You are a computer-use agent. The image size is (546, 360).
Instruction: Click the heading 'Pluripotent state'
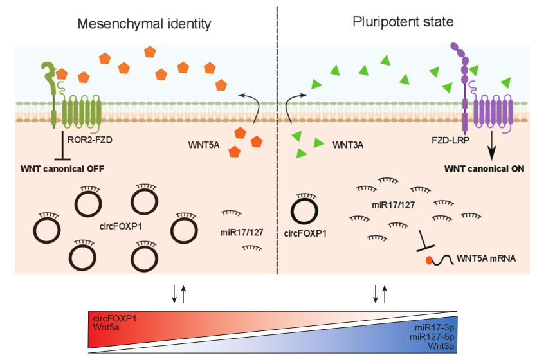[x=403, y=21]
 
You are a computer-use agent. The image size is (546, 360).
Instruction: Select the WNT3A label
[x=348, y=145]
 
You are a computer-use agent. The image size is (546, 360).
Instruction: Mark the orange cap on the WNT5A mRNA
[x=428, y=260]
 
